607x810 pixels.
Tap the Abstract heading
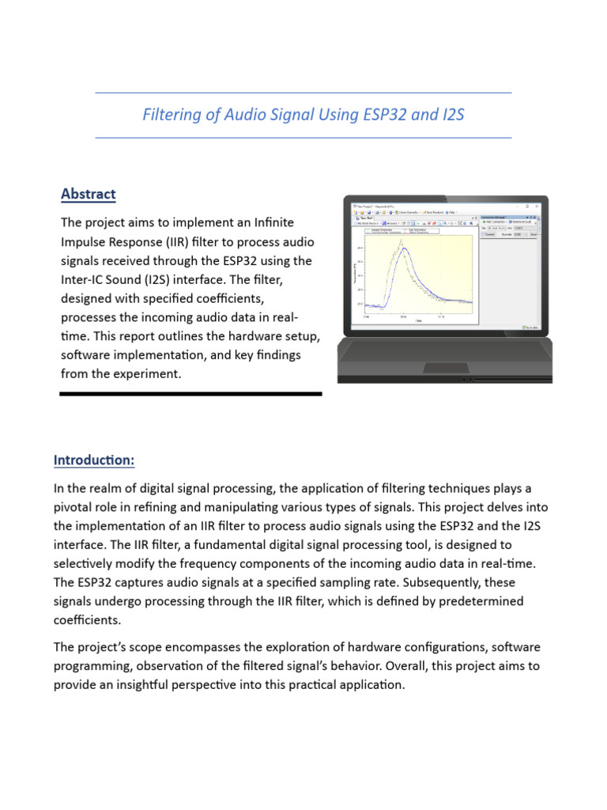[x=89, y=194]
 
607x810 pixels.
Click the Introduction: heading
[x=94, y=460]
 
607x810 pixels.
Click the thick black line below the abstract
[x=190, y=393]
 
